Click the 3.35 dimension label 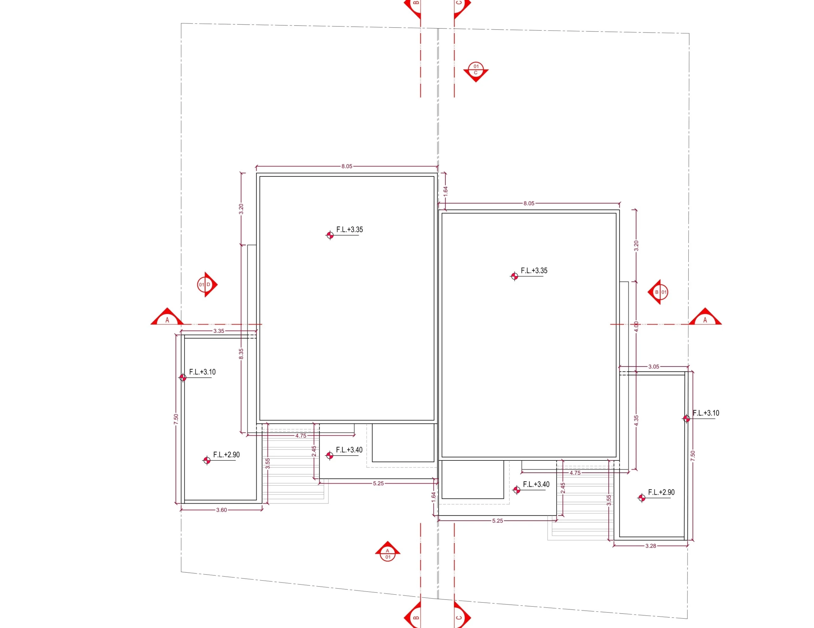pos(219,331)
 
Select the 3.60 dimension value pos(221,510)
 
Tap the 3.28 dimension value pos(651,546)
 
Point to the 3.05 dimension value pos(654,366)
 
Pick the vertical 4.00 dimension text pos(636,327)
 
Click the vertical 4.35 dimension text pos(636,421)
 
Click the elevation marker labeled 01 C pos(476,72)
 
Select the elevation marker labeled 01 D pos(207,284)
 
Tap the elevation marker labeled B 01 pos(658,292)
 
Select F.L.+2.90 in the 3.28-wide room pos(661,492)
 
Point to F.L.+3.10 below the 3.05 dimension pos(706,413)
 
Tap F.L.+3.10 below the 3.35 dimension pos(202,372)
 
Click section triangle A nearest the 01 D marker pos(167,317)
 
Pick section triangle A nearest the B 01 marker pos(705,317)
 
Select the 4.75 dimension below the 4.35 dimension pos(575,473)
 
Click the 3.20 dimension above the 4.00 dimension pos(636,245)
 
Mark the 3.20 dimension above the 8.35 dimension pos(241,209)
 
